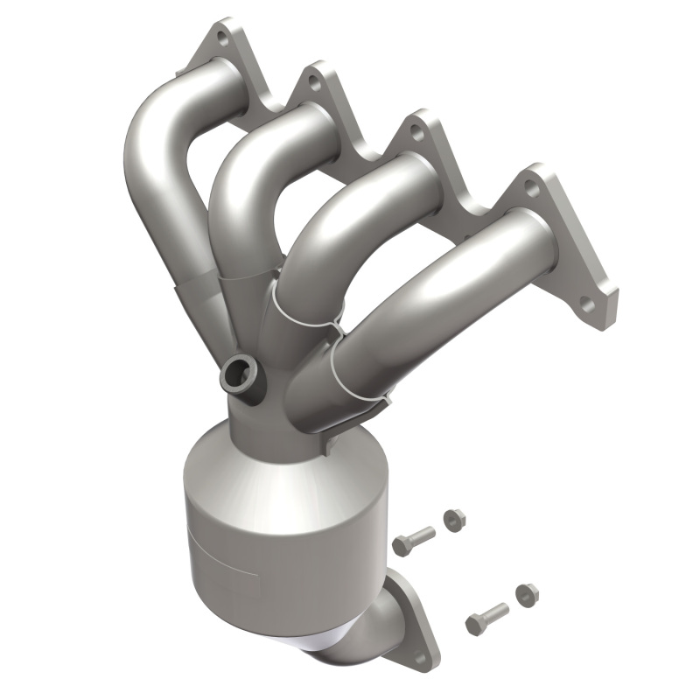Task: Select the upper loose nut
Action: (x=453, y=519)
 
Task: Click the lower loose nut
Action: (x=527, y=595)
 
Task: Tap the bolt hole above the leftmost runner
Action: (x=222, y=39)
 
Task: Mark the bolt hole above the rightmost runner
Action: (x=531, y=185)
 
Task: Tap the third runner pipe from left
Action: (x=350, y=219)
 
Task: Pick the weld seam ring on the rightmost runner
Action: (x=359, y=367)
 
